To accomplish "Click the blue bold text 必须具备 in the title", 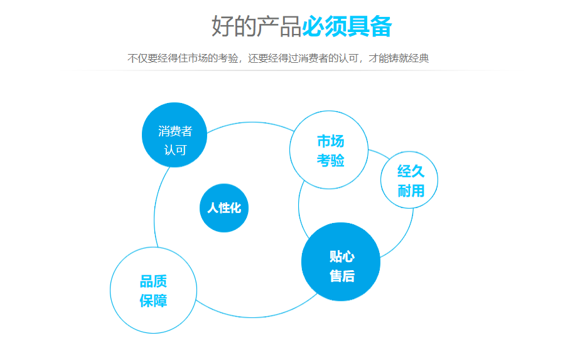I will [x=347, y=27].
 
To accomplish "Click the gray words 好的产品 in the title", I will [x=256, y=27].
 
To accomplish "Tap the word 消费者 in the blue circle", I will [x=175, y=131].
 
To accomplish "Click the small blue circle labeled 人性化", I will [x=224, y=207].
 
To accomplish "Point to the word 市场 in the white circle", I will [x=330, y=141].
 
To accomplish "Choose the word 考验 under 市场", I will [x=330, y=160].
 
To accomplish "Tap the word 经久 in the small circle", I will [x=411, y=171].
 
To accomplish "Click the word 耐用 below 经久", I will [x=411, y=190].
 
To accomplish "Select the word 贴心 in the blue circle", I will [x=342, y=256].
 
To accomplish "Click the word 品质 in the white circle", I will [x=153, y=281].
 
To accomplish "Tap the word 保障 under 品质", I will [x=153, y=300].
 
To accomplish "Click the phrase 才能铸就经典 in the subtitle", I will [x=399, y=59].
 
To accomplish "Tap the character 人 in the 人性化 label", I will [x=213, y=208].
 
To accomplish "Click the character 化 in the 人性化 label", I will [x=235, y=208].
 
